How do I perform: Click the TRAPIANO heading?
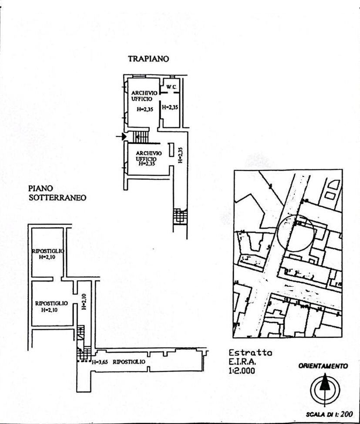pos(148,59)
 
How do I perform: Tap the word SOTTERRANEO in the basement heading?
pos(57,197)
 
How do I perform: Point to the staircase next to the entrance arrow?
pos(141,137)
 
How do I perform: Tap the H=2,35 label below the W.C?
pos(170,107)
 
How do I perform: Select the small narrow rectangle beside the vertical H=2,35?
pos(172,150)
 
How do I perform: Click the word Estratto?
pos(250,353)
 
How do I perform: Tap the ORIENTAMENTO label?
pos(323,366)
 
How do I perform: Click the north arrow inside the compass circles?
pos(323,384)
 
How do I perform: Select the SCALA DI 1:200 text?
pos(330,414)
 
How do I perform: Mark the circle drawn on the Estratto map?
pos(296,233)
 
